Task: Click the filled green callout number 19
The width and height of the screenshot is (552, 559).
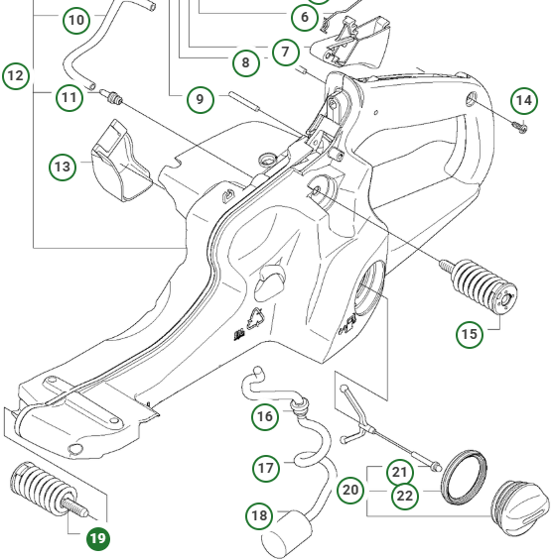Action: [x=97, y=539]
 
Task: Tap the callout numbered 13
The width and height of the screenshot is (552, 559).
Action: [x=64, y=167]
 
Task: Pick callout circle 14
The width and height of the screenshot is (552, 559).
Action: [x=524, y=100]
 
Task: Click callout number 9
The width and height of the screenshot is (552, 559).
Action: [x=200, y=99]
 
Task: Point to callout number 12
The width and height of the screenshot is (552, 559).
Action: [x=16, y=75]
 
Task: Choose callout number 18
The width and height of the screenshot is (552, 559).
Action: [x=260, y=515]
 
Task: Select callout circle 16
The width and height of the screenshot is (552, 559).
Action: [x=265, y=417]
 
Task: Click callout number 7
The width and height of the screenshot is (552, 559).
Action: [x=285, y=51]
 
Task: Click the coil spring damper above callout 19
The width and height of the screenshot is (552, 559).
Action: [x=44, y=492]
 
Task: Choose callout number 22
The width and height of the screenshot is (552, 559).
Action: [x=404, y=498]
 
